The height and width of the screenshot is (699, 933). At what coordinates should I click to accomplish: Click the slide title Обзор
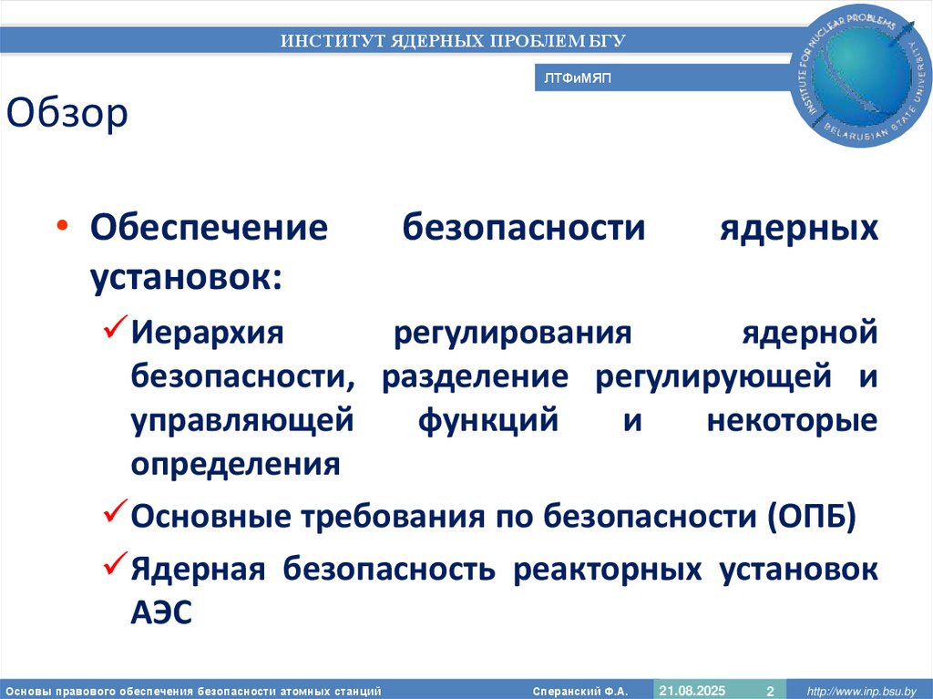pyautogui.click(x=67, y=116)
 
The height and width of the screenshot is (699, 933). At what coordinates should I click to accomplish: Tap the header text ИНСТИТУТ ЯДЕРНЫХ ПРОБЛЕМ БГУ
pyautogui.click(x=453, y=40)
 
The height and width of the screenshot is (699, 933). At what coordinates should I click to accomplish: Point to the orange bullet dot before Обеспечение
pyautogui.click(x=61, y=226)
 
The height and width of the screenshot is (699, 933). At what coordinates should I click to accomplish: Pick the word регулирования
pyautogui.click(x=512, y=332)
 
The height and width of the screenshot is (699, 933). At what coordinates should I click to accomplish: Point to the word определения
pyautogui.click(x=235, y=465)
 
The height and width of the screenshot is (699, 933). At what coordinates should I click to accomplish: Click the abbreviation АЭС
pyautogui.click(x=161, y=613)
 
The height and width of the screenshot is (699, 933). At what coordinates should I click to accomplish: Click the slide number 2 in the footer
pyautogui.click(x=770, y=690)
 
